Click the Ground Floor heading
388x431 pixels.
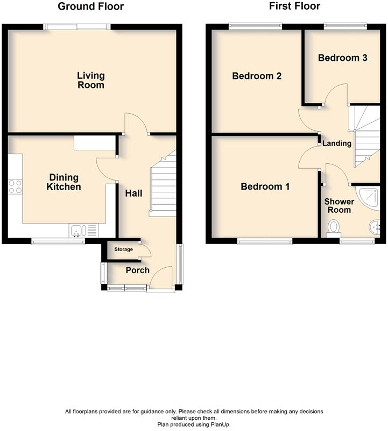click(90, 6)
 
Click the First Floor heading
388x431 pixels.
click(295, 6)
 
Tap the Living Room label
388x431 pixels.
click(90, 80)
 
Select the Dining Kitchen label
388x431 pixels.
click(64, 182)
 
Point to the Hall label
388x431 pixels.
click(133, 192)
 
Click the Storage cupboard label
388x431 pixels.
click(123, 249)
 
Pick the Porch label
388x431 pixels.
click(137, 270)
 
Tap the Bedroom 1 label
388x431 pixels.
click(265, 186)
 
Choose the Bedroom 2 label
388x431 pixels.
click(257, 76)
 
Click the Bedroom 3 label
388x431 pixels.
click(342, 58)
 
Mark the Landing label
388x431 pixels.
click(337, 143)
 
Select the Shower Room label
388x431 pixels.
click(339, 205)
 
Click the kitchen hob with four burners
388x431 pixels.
click(15, 186)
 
